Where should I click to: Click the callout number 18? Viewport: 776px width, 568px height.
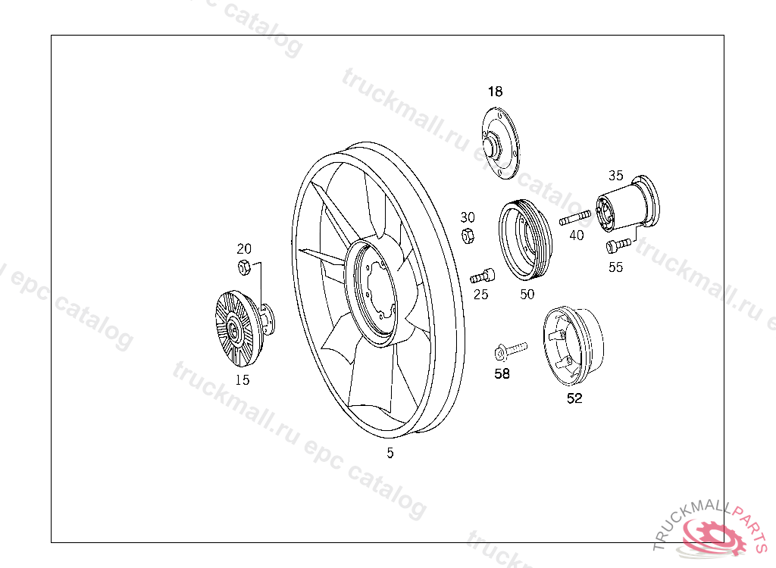point(495,92)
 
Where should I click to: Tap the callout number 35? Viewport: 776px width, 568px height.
point(615,175)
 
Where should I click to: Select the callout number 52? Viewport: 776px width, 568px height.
point(574,398)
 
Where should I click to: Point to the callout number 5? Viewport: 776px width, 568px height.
point(390,453)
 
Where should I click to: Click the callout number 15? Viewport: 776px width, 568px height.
point(242,380)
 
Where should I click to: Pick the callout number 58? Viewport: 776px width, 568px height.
point(502,373)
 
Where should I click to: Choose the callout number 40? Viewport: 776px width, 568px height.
point(577,235)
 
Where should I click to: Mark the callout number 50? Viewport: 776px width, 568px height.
point(527,295)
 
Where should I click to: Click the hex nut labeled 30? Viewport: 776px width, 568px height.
point(468,236)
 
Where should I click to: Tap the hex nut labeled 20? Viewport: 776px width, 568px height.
point(243,267)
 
